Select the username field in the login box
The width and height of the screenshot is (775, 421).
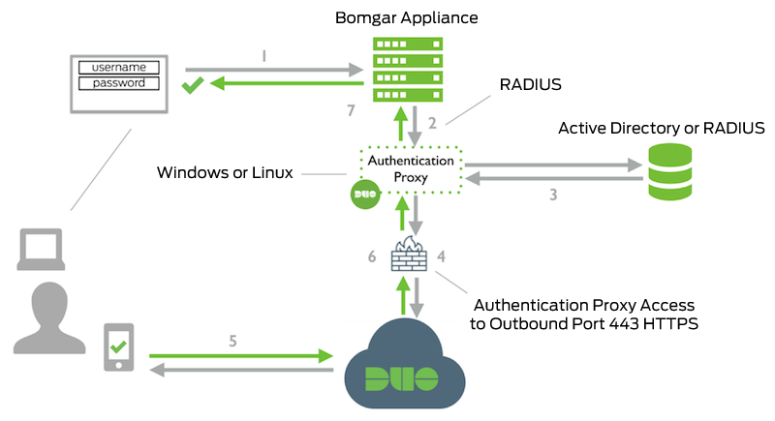pyautogui.click(x=118, y=67)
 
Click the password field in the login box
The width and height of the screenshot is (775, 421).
pyautogui.click(x=118, y=83)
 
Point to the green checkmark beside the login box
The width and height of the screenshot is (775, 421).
pyautogui.click(x=192, y=87)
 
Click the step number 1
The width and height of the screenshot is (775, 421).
pyautogui.click(x=263, y=57)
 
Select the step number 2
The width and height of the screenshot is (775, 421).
pyautogui.click(x=433, y=123)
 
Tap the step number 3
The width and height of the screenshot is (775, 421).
pyautogui.click(x=553, y=195)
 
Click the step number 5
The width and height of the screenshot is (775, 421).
pyautogui.click(x=232, y=341)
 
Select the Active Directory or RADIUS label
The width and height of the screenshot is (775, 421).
pyautogui.click(x=662, y=128)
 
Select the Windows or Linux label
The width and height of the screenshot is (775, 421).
pyautogui.click(x=227, y=173)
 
